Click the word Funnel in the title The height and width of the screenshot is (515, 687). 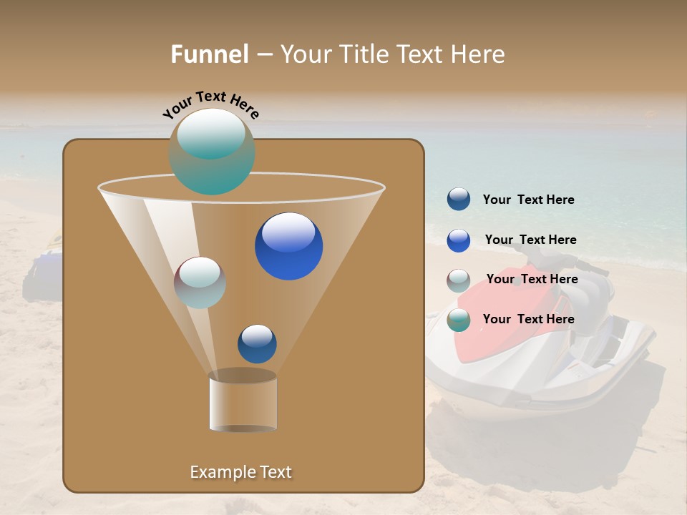click(210, 54)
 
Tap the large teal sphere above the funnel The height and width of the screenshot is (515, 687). click(212, 151)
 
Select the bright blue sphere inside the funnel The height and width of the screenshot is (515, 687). click(288, 246)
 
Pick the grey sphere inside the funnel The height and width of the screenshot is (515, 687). click(200, 283)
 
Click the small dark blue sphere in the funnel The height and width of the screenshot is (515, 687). click(257, 344)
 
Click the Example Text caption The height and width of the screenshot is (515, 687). click(241, 472)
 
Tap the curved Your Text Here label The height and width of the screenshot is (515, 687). click(210, 104)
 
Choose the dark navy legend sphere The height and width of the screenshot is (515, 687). click(459, 200)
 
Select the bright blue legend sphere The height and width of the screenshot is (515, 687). click(459, 240)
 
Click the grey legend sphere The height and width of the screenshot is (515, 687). click(459, 280)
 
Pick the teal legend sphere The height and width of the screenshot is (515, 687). click(459, 320)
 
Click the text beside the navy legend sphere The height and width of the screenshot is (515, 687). click(528, 200)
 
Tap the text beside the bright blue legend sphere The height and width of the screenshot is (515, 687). click(530, 240)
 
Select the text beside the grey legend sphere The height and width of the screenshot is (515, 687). click(532, 280)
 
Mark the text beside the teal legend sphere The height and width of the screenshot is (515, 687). click(528, 320)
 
